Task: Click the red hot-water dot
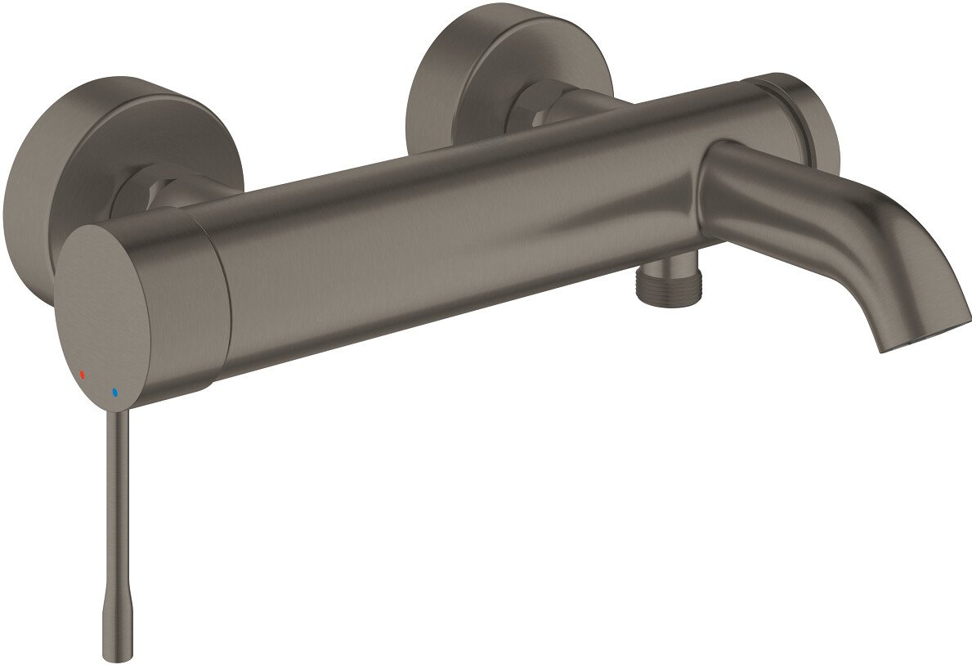tap(82, 374)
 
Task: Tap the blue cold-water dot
tap(115, 393)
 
